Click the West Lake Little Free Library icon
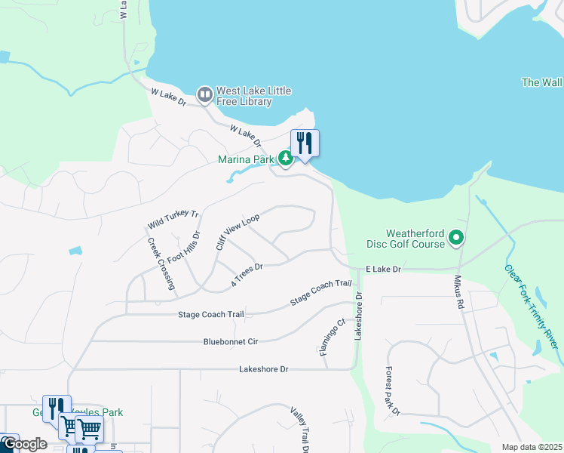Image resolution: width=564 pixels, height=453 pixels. point(204,95)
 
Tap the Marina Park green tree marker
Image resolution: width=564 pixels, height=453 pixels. point(285,159)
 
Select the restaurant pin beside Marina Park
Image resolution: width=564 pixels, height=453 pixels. point(305,143)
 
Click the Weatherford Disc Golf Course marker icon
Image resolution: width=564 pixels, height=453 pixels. point(455,239)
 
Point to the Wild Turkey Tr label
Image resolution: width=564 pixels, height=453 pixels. point(173,220)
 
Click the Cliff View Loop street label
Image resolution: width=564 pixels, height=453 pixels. point(238,232)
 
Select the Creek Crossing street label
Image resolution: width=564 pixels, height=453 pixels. point(161,264)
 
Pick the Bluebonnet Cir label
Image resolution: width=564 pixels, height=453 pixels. point(231,342)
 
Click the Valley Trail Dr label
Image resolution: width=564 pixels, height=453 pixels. point(299,429)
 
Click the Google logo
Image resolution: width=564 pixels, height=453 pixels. point(24,444)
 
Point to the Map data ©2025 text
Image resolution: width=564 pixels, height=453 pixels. point(531,447)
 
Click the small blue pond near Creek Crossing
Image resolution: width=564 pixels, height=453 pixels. point(75,251)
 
